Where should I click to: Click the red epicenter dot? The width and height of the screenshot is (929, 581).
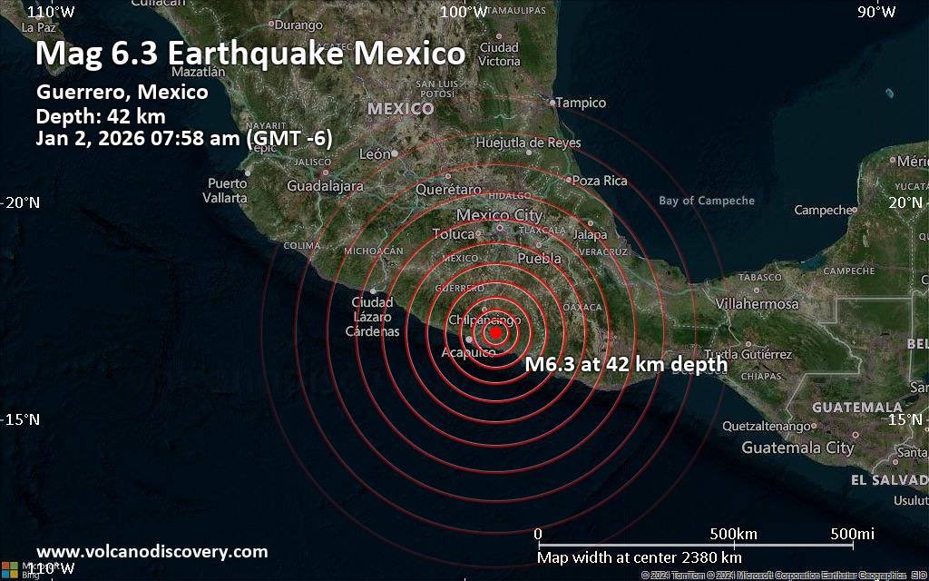click(x=496, y=333)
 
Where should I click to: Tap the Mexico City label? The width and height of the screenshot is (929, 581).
click(x=499, y=215)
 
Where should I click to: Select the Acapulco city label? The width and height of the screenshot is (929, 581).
click(x=468, y=352)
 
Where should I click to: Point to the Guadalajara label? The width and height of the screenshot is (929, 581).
click(x=325, y=186)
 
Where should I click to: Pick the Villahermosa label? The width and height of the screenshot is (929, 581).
click(x=757, y=304)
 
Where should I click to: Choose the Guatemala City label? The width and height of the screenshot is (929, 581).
click(x=797, y=448)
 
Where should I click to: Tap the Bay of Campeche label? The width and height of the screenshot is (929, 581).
click(x=707, y=201)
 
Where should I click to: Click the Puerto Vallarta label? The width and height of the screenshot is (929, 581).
click(x=227, y=191)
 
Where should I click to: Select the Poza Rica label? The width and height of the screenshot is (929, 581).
click(x=600, y=181)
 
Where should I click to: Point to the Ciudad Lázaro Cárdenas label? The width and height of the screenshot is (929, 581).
click(x=373, y=317)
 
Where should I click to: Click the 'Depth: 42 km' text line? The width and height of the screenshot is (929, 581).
click(x=101, y=115)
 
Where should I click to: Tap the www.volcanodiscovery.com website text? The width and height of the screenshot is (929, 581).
click(x=152, y=551)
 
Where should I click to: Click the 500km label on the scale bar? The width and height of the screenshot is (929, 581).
click(x=733, y=533)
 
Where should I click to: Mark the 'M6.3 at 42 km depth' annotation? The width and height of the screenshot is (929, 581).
click(x=626, y=365)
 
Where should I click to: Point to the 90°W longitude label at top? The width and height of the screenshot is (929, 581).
click(x=877, y=12)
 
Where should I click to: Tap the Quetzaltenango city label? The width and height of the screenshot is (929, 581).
click(x=765, y=426)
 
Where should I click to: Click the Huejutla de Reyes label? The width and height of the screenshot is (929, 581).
click(x=528, y=143)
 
